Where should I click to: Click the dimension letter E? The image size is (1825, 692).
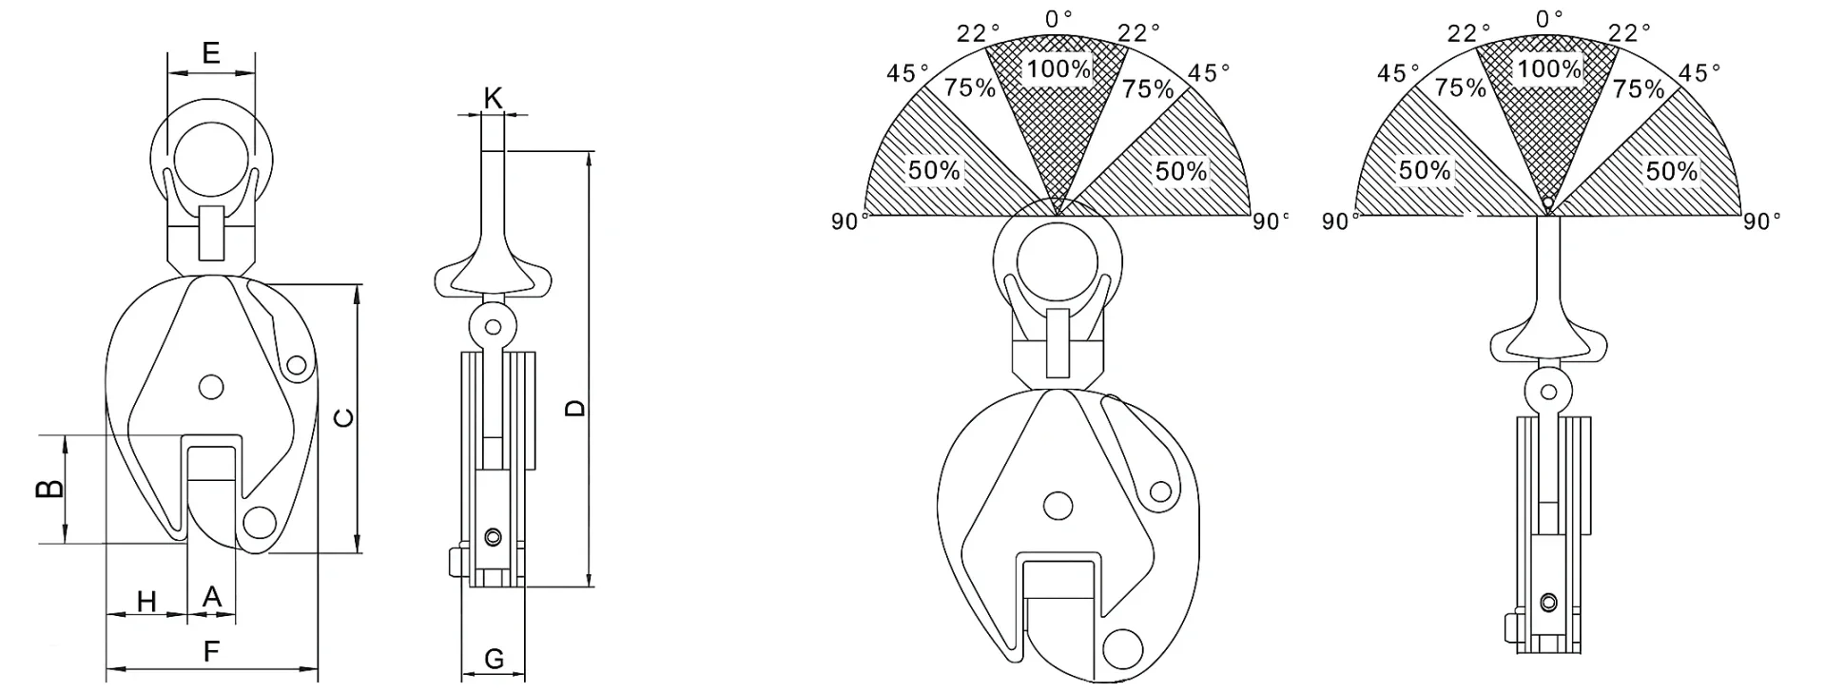click(211, 52)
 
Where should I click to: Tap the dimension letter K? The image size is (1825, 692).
click(493, 97)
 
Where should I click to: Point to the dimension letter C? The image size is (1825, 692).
click(345, 417)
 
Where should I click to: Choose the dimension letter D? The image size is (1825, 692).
click(575, 408)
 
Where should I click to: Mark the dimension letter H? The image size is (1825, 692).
click(146, 602)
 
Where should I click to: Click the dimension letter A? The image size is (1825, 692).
click(212, 597)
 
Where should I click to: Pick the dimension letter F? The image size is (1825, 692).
click(211, 651)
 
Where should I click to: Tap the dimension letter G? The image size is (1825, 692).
click(494, 658)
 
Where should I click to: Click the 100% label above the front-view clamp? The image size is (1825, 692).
click(1058, 68)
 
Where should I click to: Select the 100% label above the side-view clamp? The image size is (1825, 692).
click(1548, 68)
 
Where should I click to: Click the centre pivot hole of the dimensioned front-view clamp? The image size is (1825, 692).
click(211, 385)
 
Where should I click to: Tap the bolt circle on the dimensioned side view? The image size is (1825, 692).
click(492, 538)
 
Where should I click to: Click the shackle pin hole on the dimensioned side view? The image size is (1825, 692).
click(493, 327)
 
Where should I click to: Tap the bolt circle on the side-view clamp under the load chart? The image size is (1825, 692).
click(1550, 602)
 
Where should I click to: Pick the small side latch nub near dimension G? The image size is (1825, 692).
click(452, 562)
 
